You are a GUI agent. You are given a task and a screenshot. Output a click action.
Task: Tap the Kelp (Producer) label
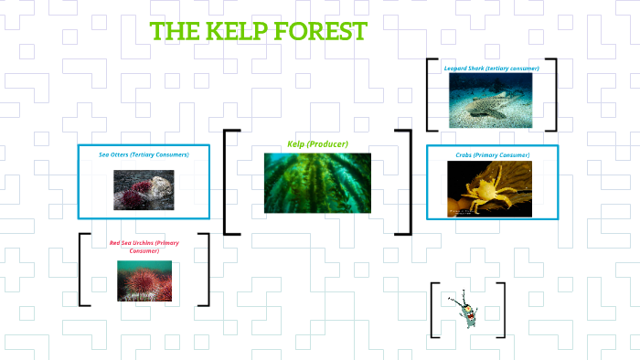tap(317, 144)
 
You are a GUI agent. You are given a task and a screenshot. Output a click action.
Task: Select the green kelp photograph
tap(317, 183)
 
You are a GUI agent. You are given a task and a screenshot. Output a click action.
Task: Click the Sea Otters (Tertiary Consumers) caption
tap(144, 154)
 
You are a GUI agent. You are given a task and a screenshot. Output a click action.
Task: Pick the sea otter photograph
tap(144, 190)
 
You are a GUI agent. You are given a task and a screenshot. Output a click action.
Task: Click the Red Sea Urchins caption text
tap(144, 246)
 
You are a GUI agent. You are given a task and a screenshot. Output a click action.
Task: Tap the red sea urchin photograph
tap(144, 281)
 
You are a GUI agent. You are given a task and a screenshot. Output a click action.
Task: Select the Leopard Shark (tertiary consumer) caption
tap(491, 69)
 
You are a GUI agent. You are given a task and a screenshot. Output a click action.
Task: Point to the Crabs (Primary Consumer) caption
tap(492, 154)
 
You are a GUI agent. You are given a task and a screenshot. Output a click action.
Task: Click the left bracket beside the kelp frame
tap(227, 182)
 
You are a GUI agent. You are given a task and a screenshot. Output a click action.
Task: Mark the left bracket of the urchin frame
tap(82, 270)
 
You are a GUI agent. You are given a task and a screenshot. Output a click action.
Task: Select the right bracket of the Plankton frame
tap(502, 310)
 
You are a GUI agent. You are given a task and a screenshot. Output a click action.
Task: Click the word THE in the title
tap(175, 31)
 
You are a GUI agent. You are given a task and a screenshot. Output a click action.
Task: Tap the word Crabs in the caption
tap(464, 154)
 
